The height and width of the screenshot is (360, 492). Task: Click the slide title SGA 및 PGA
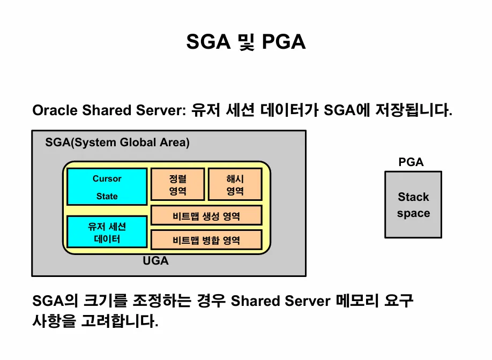click(x=246, y=41)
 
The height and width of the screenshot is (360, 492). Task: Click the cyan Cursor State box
click(x=107, y=186)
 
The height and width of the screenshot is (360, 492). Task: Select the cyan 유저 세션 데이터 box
click(x=107, y=232)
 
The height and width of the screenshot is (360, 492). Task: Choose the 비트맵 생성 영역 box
click(x=206, y=216)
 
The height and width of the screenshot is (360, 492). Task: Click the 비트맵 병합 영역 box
click(x=206, y=240)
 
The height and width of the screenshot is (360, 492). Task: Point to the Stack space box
click(x=413, y=205)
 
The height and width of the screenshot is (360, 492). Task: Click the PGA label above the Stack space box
click(x=411, y=162)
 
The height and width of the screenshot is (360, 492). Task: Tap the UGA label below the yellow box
click(x=155, y=261)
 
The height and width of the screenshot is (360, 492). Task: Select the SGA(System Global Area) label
click(x=117, y=143)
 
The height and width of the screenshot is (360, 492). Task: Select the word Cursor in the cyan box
click(x=107, y=178)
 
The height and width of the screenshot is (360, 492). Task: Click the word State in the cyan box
click(x=107, y=196)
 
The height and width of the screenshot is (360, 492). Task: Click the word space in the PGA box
click(x=413, y=213)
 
